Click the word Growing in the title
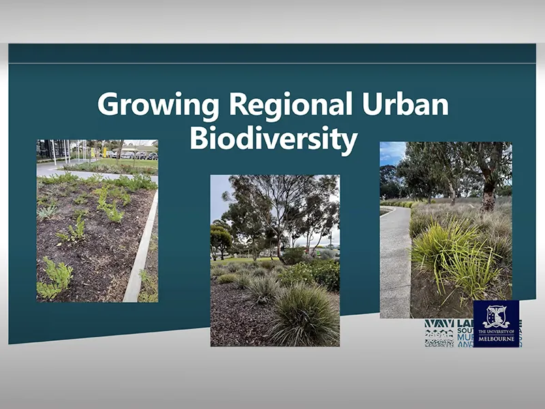tap(158, 105)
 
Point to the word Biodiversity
tap(273, 138)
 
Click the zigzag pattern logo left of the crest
tap(438, 333)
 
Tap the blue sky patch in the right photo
tap(391, 153)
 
